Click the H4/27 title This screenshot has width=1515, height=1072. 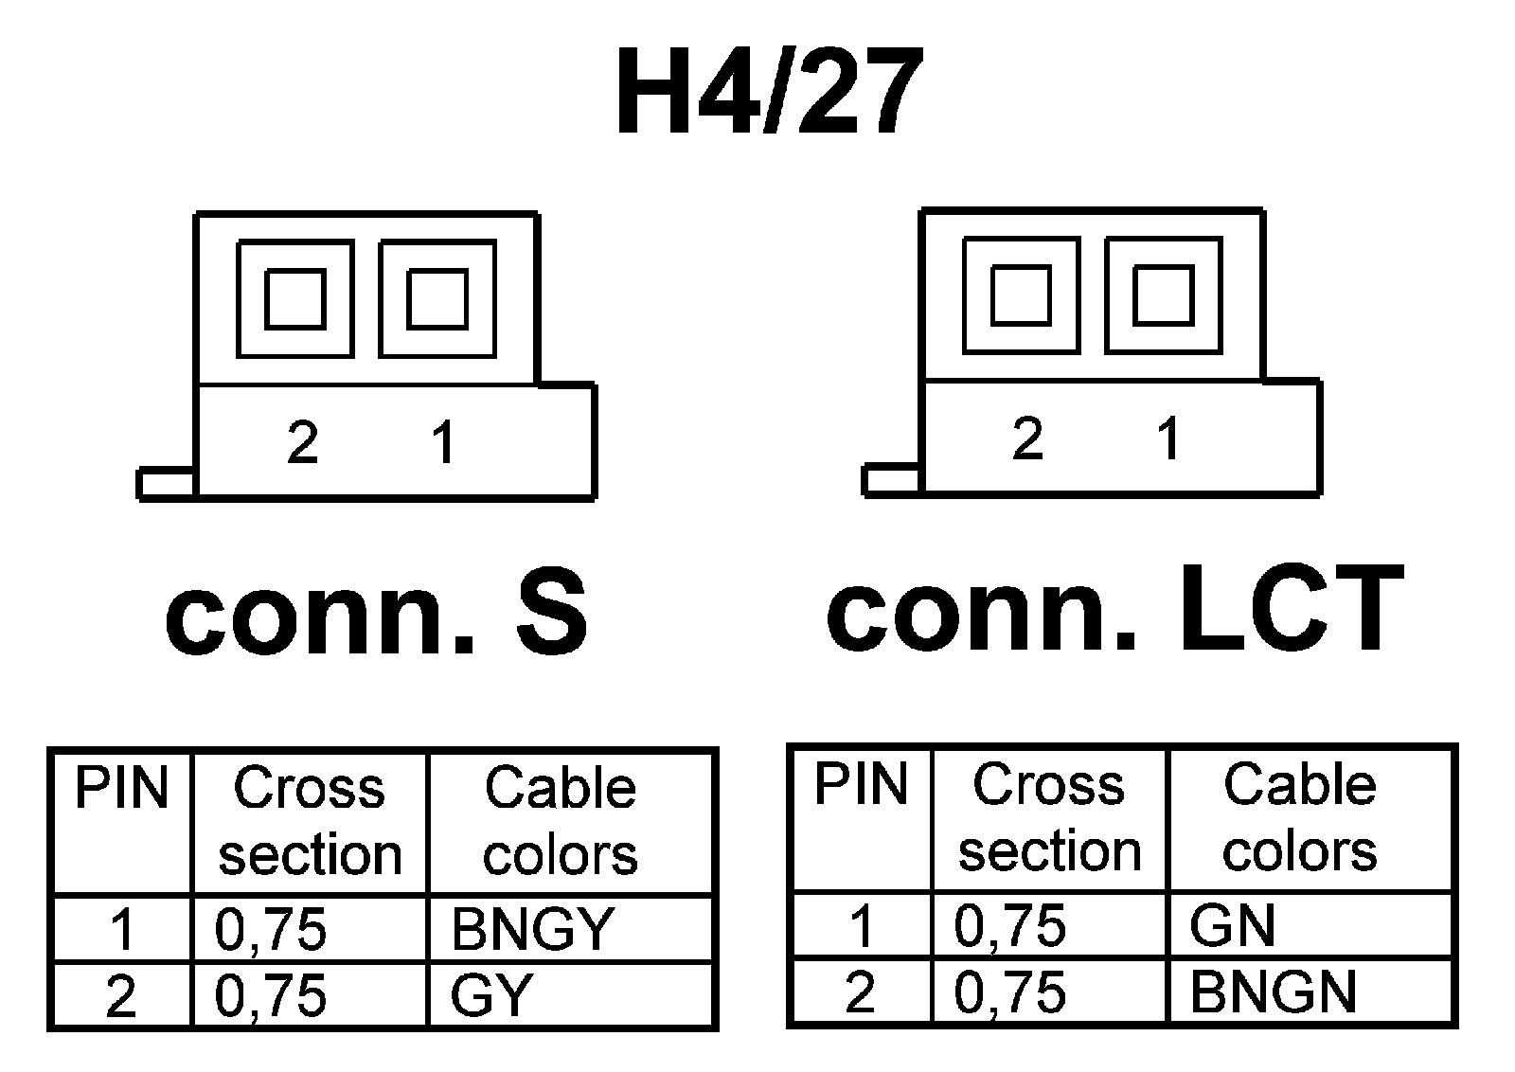(768, 93)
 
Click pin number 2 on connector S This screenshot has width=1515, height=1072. (302, 441)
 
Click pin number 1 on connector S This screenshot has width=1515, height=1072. (442, 441)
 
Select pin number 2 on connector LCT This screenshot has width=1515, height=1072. (1027, 438)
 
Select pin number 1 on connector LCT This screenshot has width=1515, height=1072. (1169, 438)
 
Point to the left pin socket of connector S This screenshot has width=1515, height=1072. (294, 299)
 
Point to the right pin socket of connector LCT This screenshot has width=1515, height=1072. (1163, 296)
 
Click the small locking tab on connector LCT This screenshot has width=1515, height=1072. (891, 480)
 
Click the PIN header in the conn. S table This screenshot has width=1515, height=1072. (121, 788)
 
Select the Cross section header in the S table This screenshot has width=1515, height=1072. (310, 821)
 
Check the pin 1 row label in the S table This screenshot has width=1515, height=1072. (121, 929)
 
